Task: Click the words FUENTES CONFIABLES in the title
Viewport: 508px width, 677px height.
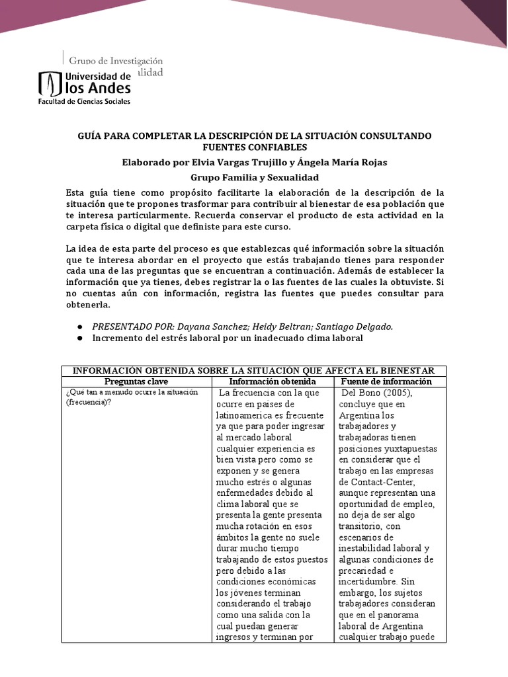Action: click(255, 147)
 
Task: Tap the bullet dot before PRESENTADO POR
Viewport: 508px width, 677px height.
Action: click(80, 327)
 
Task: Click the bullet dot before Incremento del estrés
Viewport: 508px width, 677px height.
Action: click(80, 338)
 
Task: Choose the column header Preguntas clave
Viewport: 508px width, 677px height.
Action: click(138, 381)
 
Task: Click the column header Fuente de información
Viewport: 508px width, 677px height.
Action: click(386, 381)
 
